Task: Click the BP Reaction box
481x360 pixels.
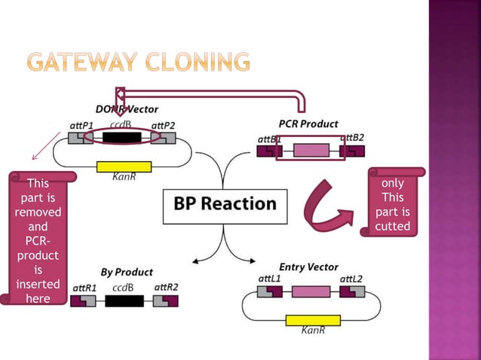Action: (225, 204)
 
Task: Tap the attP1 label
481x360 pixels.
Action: (81, 124)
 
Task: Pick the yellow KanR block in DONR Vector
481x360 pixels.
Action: (124, 166)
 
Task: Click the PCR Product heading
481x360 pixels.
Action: (308, 124)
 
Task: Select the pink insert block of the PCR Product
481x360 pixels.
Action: (311, 151)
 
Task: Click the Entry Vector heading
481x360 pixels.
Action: (308, 267)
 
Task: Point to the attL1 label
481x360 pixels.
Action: (269, 279)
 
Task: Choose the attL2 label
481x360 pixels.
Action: (351, 279)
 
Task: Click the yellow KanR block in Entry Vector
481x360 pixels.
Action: (313, 320)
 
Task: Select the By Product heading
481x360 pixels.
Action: (127, 272)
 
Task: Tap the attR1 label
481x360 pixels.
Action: (84, 287)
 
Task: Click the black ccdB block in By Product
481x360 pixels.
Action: (124, 301)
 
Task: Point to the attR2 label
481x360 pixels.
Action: (166, 287)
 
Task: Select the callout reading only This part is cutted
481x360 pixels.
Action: (392, 204)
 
